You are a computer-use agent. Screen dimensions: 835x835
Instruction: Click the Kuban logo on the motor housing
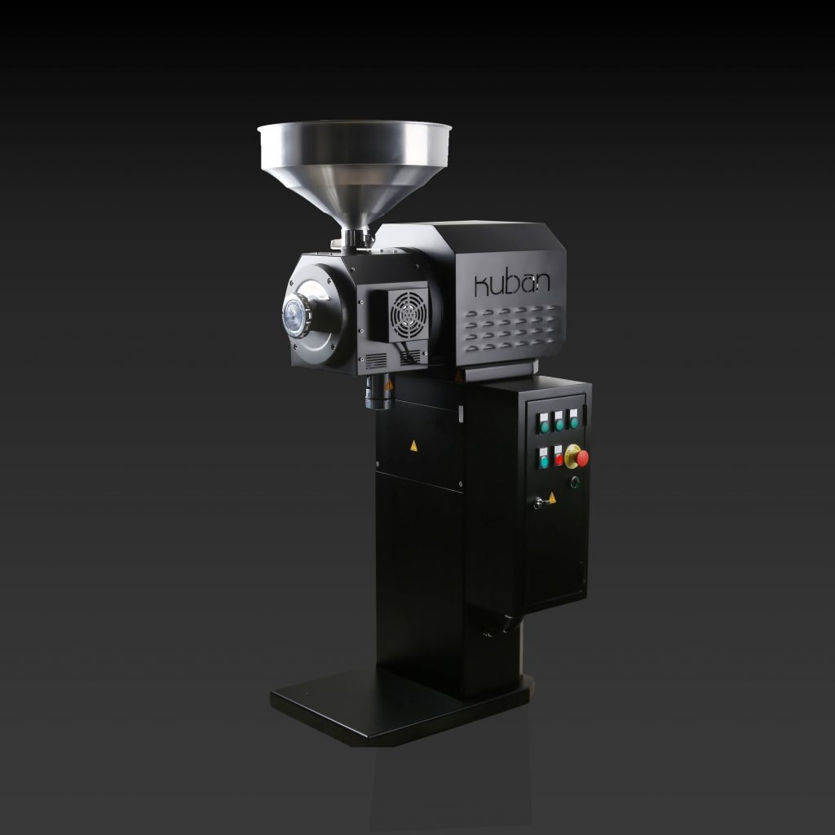click(512, 282)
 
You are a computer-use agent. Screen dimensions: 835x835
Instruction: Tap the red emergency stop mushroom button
click(581, 457)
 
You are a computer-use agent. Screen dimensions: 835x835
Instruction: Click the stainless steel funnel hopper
click(355, 163)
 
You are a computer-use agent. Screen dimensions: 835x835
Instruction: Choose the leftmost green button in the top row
click(544, 425)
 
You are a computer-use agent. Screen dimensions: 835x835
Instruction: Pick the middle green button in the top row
click(559, 423)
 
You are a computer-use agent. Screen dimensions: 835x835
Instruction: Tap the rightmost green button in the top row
click(575, 422)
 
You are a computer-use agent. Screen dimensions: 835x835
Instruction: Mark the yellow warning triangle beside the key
click(552, 497)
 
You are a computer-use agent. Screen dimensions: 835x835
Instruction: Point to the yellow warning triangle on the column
click(413, 445)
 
